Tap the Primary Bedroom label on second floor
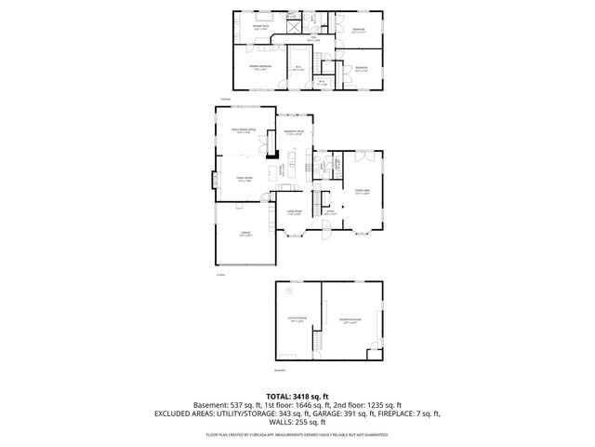pyautogui.click(x=259, y=67)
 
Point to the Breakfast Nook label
pyautogui.click(x=295, y=132)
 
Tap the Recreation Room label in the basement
pyautogui.click(x=350, y=321)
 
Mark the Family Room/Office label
pyautogui.click(x=245, y=132)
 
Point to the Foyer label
pyautogui.click(x=328, y=213)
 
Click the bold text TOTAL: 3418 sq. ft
pyautogui.click(x=297, y=396)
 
